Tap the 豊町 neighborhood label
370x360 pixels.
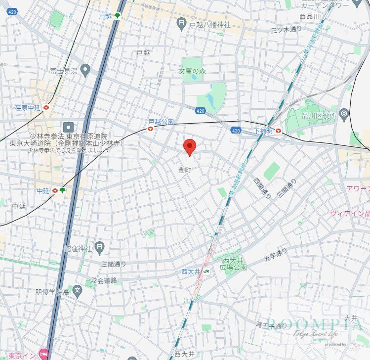point(184,170)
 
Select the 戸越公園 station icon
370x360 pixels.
point(151,129)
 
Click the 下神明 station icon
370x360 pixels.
point(279,131)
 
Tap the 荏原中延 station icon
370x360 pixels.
point(46,107)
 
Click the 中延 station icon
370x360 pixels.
point(54,190)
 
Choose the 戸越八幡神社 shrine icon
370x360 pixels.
point(182,23)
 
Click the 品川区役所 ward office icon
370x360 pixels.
point(344,116)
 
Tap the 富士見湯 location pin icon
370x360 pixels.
point(85,70)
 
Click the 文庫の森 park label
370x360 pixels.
point(192,72)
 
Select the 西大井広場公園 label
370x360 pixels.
point(234,264)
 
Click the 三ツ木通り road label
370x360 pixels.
point(287,29)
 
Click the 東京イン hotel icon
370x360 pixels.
point(43,354)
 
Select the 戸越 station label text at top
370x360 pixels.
point(105,16)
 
